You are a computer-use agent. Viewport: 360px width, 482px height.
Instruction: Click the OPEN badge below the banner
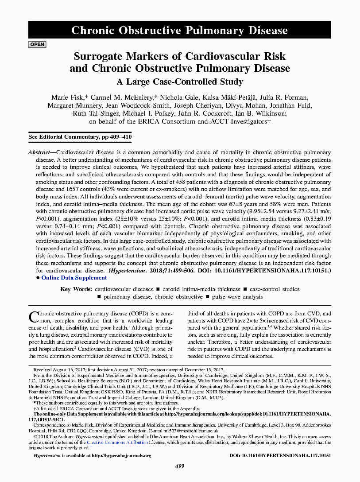click(37, 44)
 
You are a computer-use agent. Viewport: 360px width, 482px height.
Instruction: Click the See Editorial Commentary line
click(80, 137)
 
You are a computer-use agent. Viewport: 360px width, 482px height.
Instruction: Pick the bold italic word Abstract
click(39, 152)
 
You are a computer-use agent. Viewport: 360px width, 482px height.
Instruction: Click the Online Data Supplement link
click(74, 278)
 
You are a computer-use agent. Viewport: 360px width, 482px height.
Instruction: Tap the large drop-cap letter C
click(34, 317)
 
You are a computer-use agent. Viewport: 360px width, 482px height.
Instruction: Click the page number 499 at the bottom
click(180, 466)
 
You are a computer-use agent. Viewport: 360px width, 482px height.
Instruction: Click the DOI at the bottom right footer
click(280, 455)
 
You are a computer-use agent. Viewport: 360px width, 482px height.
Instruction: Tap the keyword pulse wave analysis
click(237, 297)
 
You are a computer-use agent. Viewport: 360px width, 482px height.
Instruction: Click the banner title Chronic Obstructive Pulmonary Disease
click(179, 31)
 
